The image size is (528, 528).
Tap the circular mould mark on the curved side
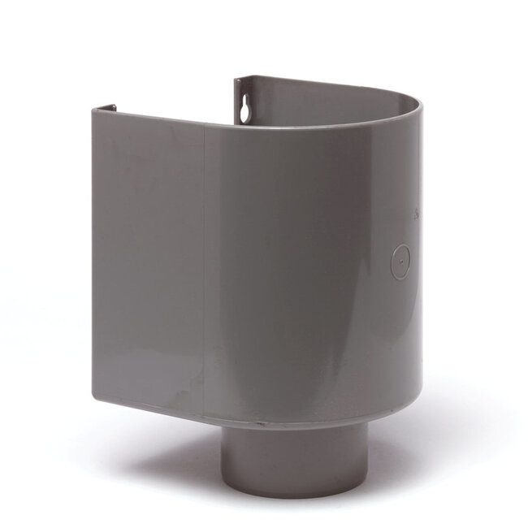coord(400,262)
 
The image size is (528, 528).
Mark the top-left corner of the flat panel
coord(93,109)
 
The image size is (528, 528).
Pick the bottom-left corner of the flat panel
coord(94,397)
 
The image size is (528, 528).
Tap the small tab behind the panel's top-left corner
coord(112,106)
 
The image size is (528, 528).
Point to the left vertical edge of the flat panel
coord(93,252)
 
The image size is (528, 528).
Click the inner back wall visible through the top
coord(325,106)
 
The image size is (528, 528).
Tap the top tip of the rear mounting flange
coord(238,80)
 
